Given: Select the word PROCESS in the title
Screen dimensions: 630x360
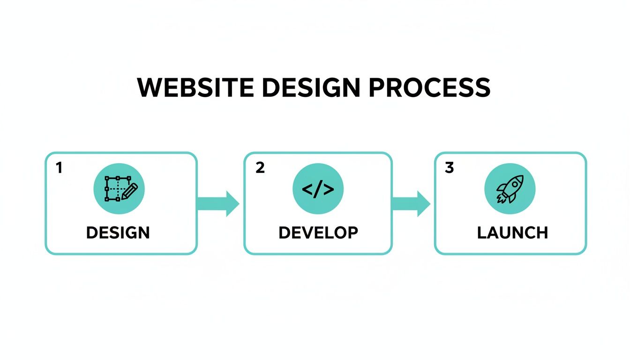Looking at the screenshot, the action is (429, 88).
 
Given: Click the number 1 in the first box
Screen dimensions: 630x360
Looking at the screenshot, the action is (59, 168).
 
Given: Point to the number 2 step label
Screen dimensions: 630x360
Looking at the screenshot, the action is (260, 168).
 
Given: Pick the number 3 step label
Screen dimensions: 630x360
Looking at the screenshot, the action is (449, 168).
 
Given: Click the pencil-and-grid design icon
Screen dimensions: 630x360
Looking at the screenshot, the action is (119, 189).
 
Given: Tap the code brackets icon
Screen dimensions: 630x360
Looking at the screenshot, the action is (318, 189).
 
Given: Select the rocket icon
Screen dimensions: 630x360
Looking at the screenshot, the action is (510, 189).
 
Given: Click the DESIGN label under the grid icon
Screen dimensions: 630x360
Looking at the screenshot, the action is (118, 232).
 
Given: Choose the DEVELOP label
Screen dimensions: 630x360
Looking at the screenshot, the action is (318, 232).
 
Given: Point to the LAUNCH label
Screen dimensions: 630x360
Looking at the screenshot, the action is (512, 232).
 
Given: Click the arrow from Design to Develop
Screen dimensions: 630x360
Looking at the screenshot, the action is (218, 203).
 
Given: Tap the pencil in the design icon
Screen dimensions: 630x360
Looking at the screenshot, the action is (130, 192).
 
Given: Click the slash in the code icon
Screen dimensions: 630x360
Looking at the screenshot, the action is (318, 189).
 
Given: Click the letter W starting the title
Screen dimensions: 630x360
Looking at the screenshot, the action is (150, 88).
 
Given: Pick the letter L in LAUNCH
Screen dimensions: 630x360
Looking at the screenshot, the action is (482, 232).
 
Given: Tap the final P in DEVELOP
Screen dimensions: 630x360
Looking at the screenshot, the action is (353, 232).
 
